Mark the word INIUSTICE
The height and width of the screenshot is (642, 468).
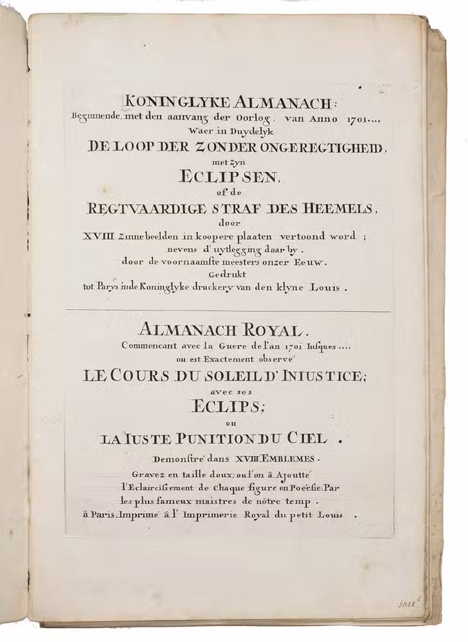[326, 377]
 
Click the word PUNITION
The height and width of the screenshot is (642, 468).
[217, 440]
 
